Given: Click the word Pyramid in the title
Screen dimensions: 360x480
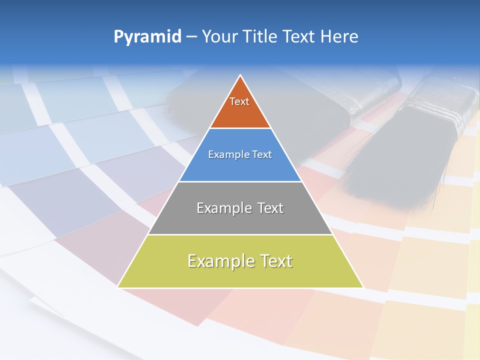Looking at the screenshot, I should [x=147, y=37].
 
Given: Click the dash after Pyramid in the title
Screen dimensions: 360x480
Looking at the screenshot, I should [x=191, y=37].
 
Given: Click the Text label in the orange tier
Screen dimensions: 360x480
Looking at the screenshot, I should [x=239, y=101].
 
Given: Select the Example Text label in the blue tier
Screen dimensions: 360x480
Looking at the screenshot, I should [x=240, y=154].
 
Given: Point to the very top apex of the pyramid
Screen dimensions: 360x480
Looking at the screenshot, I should [x=240, y=75].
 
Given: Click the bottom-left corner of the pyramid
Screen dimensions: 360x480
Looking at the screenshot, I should [x=118, y=287].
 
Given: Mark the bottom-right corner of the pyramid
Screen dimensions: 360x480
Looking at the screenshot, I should [x=363, y=287].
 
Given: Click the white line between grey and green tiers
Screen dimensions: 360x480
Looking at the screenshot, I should [x=240, y=234].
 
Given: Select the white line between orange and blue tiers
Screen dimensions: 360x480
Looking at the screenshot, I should [x=240, y=128].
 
